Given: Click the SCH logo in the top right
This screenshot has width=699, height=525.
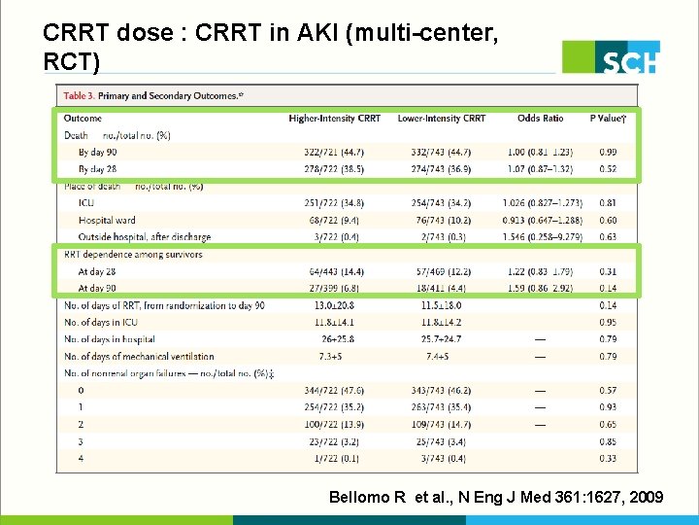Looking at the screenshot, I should click(x=612, y=57).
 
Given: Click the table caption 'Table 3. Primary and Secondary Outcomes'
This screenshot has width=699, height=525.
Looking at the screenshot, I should click(x=152, y=96).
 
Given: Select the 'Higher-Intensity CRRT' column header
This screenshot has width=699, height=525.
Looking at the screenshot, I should click(x=335, y=119).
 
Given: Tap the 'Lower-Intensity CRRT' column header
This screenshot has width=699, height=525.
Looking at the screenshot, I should click(x=442, y=119).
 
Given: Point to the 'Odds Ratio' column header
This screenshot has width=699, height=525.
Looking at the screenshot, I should click(x=541, y=119).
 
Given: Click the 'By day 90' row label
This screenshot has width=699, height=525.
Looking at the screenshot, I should click(x=98, y=153).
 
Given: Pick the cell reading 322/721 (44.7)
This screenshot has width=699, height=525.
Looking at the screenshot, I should click(x=335, y=153).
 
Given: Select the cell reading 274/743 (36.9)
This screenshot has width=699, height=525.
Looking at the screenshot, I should click(x=442, y=169).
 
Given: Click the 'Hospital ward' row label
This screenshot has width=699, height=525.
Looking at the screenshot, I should click(x=107, y=221).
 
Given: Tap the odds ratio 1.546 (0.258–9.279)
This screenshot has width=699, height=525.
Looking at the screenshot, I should click(x=541, y=237).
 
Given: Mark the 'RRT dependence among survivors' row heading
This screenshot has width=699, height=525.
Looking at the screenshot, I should click(x=133, y=255).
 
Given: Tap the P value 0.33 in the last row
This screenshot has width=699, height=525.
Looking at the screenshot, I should click(x=608, y=459).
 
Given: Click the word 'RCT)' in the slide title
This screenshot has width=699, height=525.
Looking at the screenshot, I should click(x=71, y=61).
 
